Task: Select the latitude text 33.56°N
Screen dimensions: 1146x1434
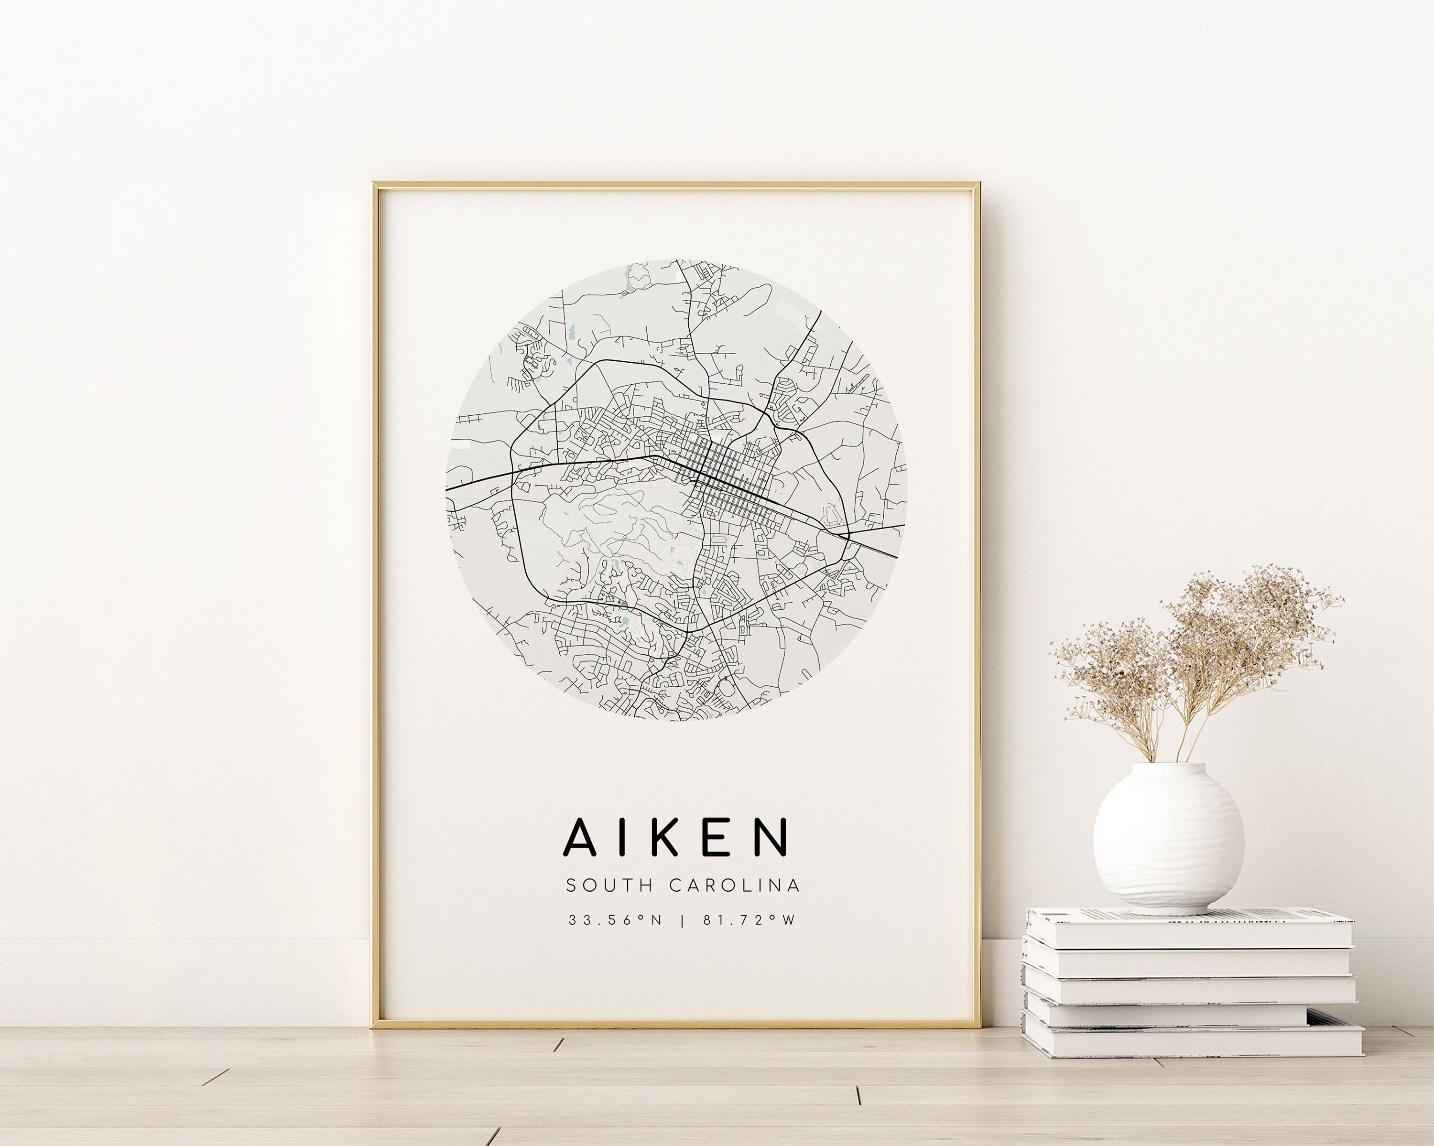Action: click(x=615, y=920)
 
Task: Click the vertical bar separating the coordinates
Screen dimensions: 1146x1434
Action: click(x=681, y=920)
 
